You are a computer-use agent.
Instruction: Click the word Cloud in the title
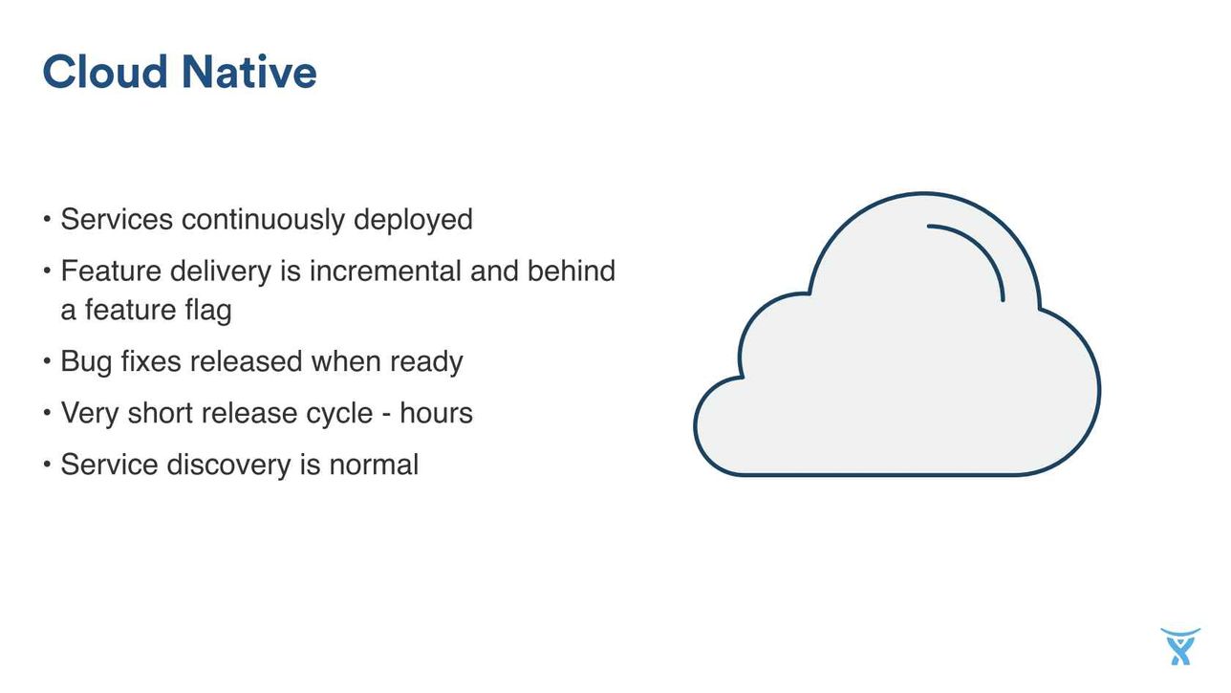pos(105,72)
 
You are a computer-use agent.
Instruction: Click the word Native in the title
pos(248,72)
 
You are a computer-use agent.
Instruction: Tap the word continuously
pos(263,219)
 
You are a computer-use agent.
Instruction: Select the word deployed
pos(413,220)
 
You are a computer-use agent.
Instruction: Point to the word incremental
pos(385,271)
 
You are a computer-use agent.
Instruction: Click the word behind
pos(572,271)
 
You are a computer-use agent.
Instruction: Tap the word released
pos(247,361)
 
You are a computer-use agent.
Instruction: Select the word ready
pos(426,362)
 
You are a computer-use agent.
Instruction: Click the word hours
pos(436,413)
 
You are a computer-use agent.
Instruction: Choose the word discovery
pos(228,465)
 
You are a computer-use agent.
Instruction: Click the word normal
pos(374,465)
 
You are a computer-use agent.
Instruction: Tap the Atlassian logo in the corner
pos(1180,646)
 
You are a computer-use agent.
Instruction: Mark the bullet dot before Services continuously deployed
pos(47,220)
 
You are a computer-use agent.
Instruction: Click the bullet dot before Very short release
pos(47,413)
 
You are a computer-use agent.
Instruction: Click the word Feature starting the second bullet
pos(111,271)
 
